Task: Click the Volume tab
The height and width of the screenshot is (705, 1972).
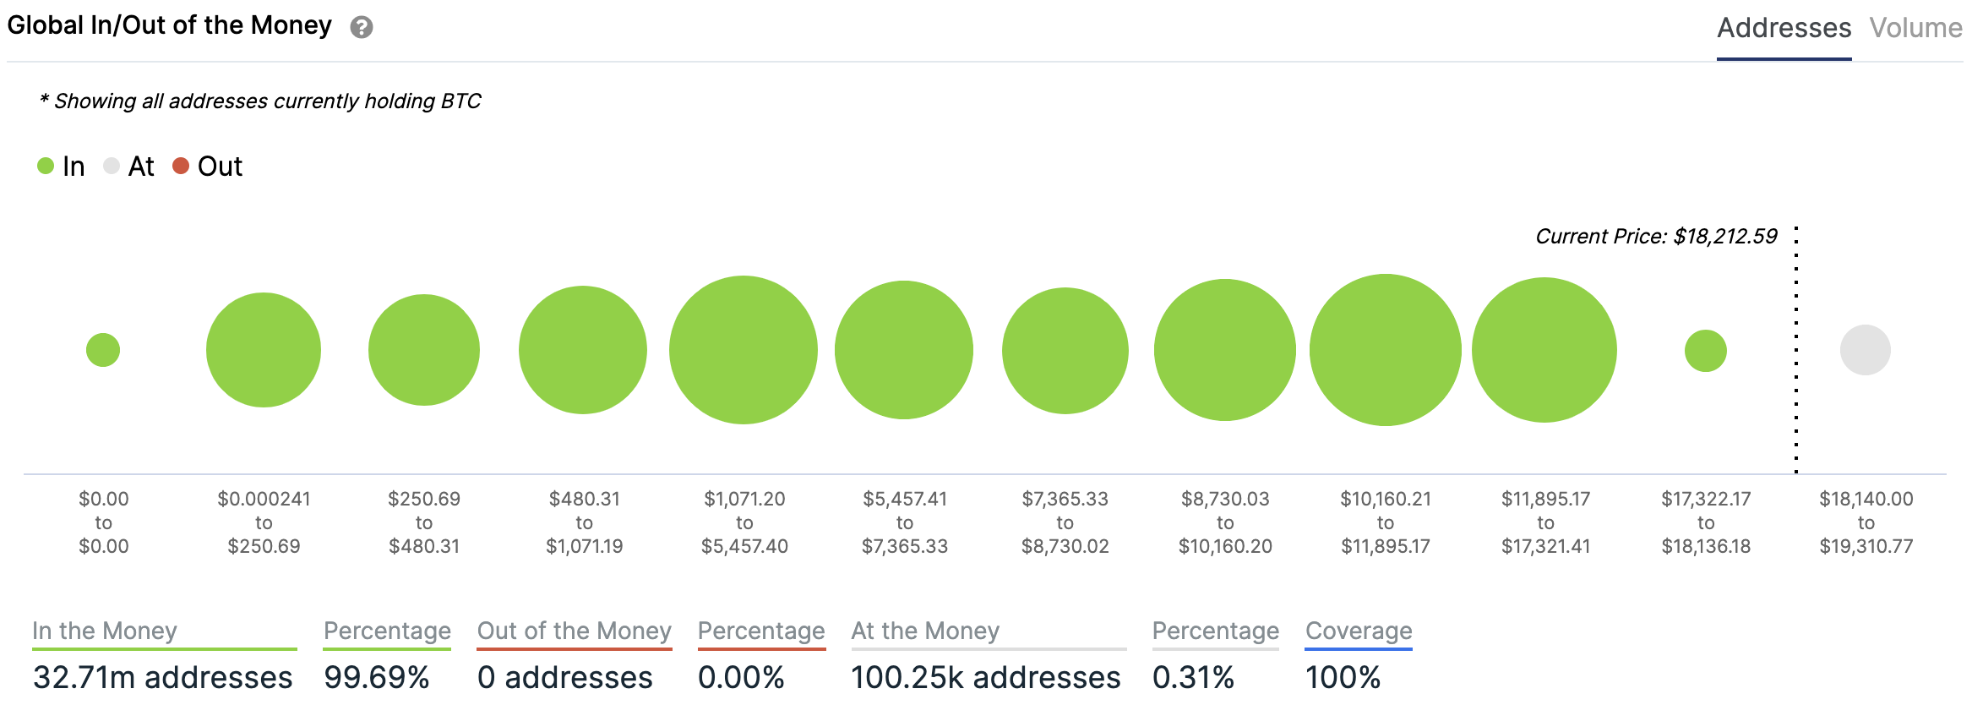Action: pyautogui.click(x=1915, y=28)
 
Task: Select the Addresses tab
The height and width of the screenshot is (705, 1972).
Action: pyautogui.click(x=1784, y=28)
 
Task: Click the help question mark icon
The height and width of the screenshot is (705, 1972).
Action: pyautogui.click(x=362, y=28)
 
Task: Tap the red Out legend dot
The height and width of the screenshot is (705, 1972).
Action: pyautogui.click(x=181, y=166)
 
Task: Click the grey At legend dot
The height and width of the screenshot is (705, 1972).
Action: pyautogui.click(x=112, y=166)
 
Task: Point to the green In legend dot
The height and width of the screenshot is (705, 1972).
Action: pyautogui.click(x=46, y=166)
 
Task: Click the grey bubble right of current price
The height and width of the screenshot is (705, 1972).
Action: pyautogui.click(x=1865, y=350)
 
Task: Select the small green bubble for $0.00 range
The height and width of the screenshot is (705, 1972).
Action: pyautogui.click(x=103, y=350)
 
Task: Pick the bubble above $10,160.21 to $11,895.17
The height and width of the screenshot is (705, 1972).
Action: pyautogui.click(x=1385, y=350)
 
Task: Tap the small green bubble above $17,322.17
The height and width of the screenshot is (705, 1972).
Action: pyautogui.click(x=1705, y=351)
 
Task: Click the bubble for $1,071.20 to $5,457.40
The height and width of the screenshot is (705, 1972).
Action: pyautogui.click(x=744, y=350)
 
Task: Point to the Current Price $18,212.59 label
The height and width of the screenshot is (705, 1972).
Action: pyautogui.click(x=1656, y=236)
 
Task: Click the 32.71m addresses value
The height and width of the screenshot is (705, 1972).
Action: pyautogui.click(x=163, y=677)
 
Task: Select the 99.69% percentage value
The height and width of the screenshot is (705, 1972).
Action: pyautogui.click(x=377, y=677)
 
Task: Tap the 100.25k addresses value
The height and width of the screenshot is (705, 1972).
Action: pyautogui.click(x=985, y=677)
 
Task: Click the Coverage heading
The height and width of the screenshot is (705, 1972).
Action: pyautogui.click(x=1359, y=631)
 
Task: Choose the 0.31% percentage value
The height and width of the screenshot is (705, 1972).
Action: pyautogui.click(x=1193, y=677)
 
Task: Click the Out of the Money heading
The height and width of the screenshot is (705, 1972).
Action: pyautogui.click(x=574, y=631)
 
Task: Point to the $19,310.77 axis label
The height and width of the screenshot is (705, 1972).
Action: pyautogui.click(x=1866, y=546)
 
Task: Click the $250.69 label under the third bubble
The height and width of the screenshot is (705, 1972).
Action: pyautogui.click(x=424, y=499)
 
